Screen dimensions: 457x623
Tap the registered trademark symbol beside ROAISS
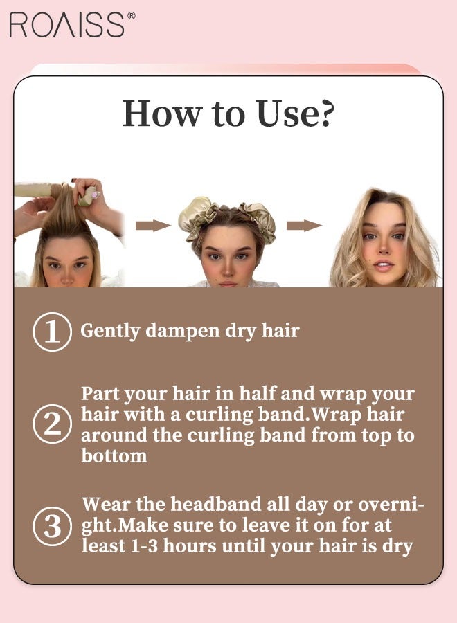[132, 15]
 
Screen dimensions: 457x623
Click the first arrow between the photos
[153, 226]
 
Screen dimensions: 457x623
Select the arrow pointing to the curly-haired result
[304, 226]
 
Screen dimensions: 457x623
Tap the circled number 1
[52, 332]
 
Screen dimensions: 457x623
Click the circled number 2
[52, 424]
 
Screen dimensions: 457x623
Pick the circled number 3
[52, 527]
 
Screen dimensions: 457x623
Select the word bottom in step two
[114, 455]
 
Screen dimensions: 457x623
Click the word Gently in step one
[110, 332]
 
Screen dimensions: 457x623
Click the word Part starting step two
[100, 394]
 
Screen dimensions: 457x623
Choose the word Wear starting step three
[106, 504]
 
